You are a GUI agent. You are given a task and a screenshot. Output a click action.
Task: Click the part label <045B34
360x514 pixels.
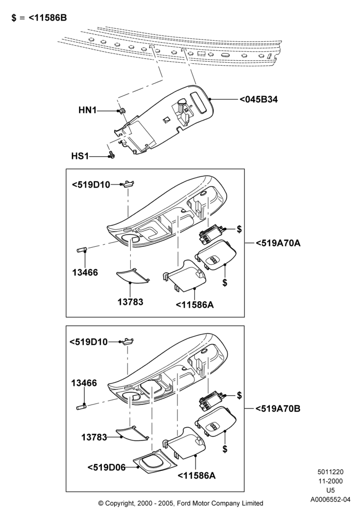coord(259,99)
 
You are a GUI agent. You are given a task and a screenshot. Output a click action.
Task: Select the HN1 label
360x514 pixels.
coord(87,110)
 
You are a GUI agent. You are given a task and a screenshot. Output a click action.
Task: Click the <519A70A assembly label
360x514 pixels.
coord(278,243)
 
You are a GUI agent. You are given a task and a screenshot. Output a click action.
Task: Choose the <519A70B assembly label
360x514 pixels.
coord(278,409)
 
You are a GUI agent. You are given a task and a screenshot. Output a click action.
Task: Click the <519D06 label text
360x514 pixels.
coord(106,467)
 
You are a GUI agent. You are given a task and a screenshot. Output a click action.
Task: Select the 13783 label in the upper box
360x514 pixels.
coord(131,302)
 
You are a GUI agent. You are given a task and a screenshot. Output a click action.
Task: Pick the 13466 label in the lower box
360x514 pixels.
coord(84,383)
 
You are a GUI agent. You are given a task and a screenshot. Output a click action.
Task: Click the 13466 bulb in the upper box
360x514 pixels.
coord(81,250)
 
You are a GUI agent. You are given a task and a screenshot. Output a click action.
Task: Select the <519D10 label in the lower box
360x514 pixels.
coord(88,342)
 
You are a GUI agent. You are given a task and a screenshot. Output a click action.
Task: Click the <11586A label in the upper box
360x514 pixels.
coord(195,304)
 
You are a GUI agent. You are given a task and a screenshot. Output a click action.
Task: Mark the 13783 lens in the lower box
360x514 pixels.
coord(133,433)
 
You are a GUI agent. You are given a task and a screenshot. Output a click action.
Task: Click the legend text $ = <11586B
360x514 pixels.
coord(39,17)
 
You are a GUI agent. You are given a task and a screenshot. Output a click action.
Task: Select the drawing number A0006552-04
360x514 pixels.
coord(331,500)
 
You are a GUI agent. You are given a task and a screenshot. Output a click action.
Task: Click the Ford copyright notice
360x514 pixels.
coord(181,503)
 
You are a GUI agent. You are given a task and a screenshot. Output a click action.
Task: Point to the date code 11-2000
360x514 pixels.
coord(331,481)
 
